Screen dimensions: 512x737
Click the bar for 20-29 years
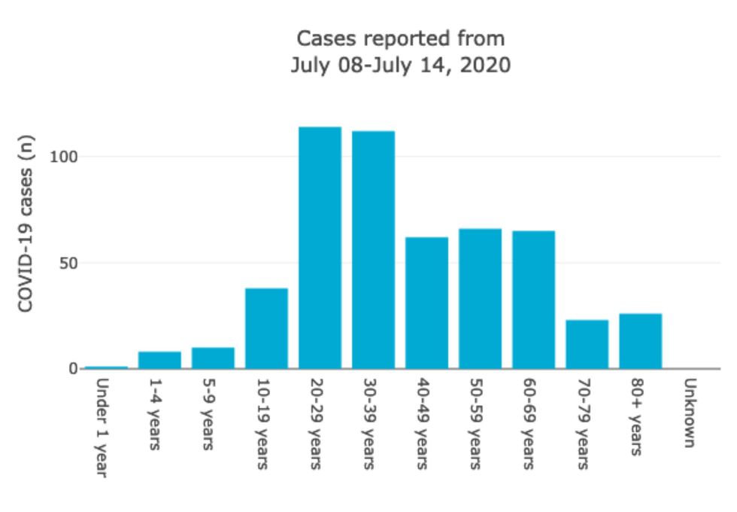tap(320, 248)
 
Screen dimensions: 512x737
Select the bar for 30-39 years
tap(373, 250)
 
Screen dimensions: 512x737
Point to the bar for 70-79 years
tap(587, 344)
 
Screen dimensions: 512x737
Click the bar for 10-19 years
tap(266, 328)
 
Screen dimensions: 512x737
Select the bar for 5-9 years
tap(213, 358)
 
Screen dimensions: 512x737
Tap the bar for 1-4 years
tap(159, 360)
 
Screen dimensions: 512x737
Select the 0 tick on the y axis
tap(73, 369)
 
